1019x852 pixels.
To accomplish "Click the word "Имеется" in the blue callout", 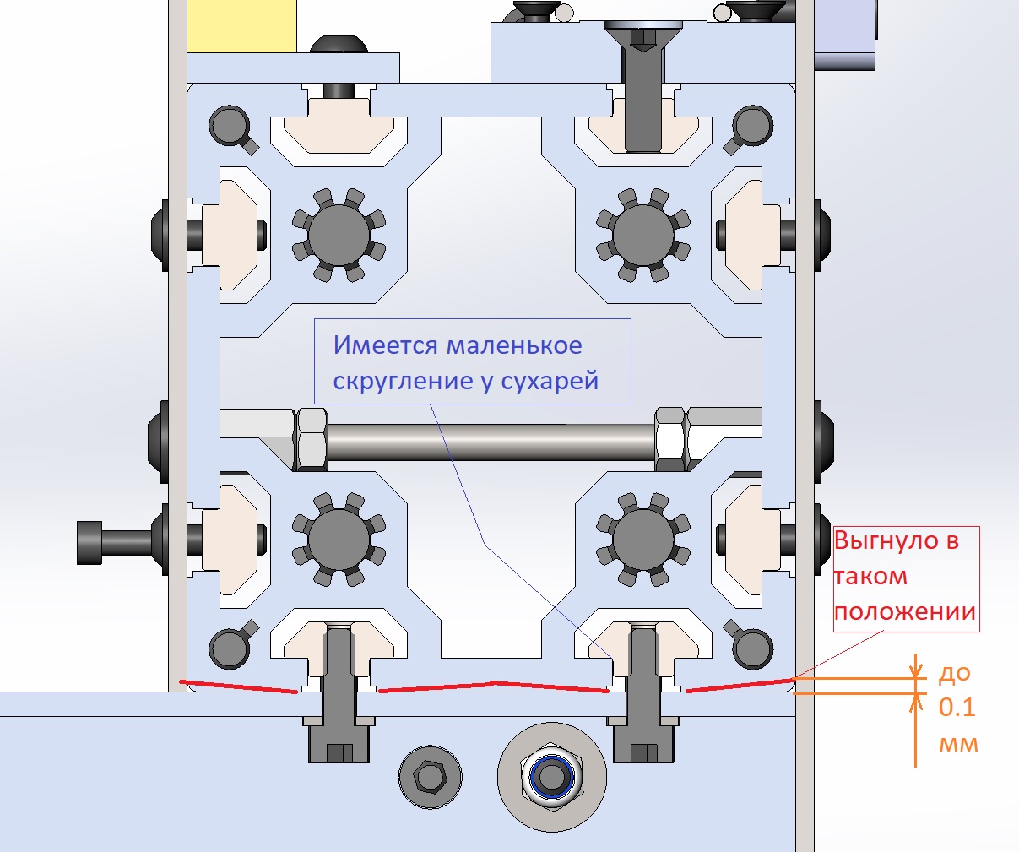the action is [x=386, y=345].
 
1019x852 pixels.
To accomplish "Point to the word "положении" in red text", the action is [x=905, y=612].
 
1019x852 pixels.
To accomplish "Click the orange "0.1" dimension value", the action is [x=957, y=707].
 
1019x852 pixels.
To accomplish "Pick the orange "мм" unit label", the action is [x=958, y=744].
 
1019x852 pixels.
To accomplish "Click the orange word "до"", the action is [x=954, y=673].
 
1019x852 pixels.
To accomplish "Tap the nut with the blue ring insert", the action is [x=551, y=776].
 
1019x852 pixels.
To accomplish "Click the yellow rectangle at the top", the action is [x=242, y=25].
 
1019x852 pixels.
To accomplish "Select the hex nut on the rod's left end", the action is [x=311, y=439].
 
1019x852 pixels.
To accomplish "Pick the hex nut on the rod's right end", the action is [x=670, y=439].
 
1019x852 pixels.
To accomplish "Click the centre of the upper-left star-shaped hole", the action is [x=339, y=235].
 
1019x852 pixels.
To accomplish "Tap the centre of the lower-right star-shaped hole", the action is [x=643, y=539].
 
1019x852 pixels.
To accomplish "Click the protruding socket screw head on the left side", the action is [x=89, y=542].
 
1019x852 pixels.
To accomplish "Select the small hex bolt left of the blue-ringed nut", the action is [x=430, y=776].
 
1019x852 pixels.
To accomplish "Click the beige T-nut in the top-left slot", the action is [x=339, y=126].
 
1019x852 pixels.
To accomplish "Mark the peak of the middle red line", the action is [x=494, y=682].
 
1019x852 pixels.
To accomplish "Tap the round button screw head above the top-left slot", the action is [x=339, y=45].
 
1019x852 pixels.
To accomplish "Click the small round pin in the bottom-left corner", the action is [x=230, y=648].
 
